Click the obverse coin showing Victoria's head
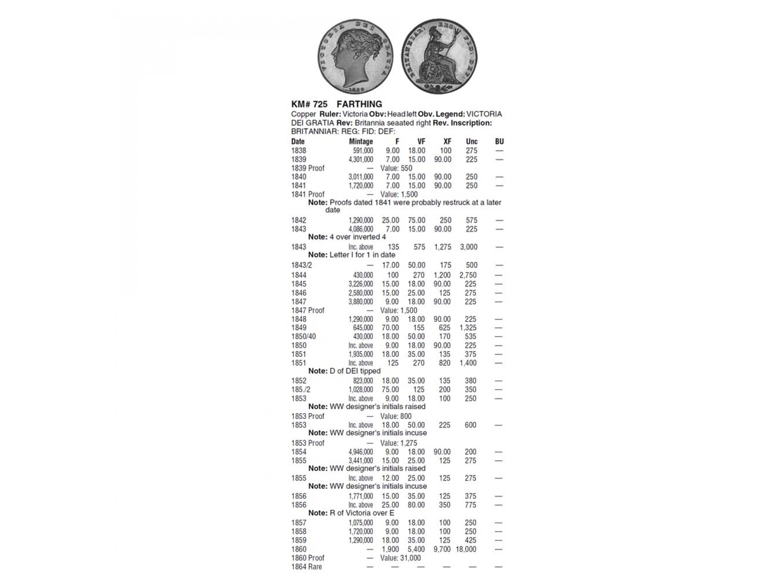(x=355, y=56)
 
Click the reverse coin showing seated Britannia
(x=439, y=56)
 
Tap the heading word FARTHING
(x=359, y=104)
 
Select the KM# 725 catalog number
(x=309, y=104)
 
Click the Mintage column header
(x=361, y=141)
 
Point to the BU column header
(x=499, y=141)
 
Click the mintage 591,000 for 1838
(x=363, y=151)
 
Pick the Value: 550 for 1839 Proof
(x=396, y=168)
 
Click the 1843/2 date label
(x=302, y=265)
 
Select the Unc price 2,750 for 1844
(x=468, y=275)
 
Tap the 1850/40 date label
(x=303, y=337)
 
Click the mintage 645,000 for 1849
(x=363, y=328)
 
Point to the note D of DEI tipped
(x=345, y=371)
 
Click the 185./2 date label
(x=301, y=389)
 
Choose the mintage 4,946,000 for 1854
(x=361, y=452)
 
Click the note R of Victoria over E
(x=351, y=513)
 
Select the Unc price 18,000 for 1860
(x=466, y=549)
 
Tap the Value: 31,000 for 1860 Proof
(x=401, y=558)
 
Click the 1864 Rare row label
(x=306, y=567)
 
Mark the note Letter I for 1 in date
(x=352, y=255)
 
